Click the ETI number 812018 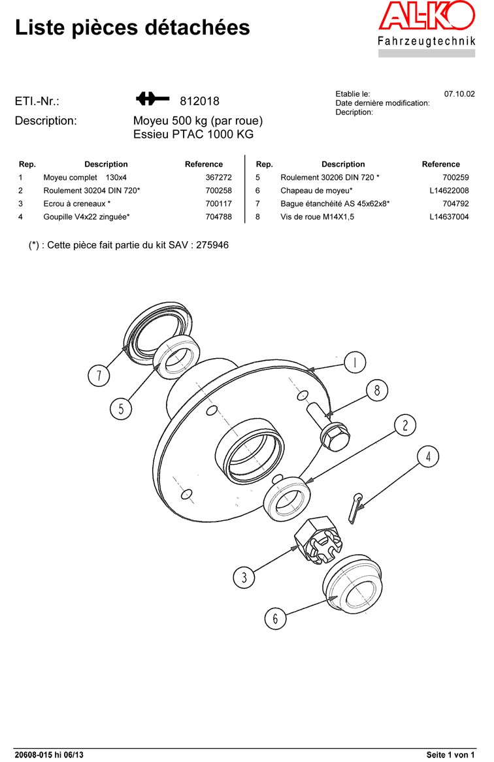pyautogui.click(x=199, y=101)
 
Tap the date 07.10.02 pyautogui.click(x=459, y=94)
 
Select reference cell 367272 pyautogui.click(x=218, y=177)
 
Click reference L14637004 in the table pyautogui.click(x=449, y=216)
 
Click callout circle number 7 pyautogui.click(x=99, y=375)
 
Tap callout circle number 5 pyautogui.click(x=121, y=409)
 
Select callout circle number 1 pyautogui.click(x=355, y=362)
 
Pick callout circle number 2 pyautogui.click(x=405, y=426)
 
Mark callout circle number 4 pyautogui.click(x=428, y=457)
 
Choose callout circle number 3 pyautogui.click(x=244, y=577)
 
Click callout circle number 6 pyautogui.click(x=275, y=618)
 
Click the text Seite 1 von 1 pyautogui.click(x=450, y=755)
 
